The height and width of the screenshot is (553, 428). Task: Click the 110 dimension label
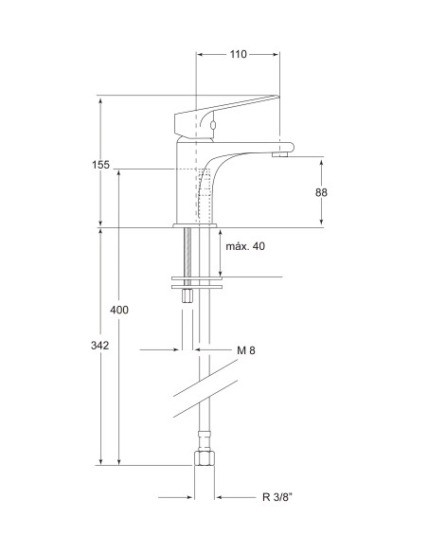[239, 54]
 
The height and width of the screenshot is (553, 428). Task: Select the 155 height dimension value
[100, 165]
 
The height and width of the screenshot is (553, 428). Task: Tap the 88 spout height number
[321, 192]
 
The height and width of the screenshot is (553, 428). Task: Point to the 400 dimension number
[119, 310]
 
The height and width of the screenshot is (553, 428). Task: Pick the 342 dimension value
[99, 346]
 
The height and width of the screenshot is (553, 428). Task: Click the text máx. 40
[245, 246]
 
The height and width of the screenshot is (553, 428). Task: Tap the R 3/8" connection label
[277, 497]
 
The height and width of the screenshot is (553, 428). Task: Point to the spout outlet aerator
[280, 154]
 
